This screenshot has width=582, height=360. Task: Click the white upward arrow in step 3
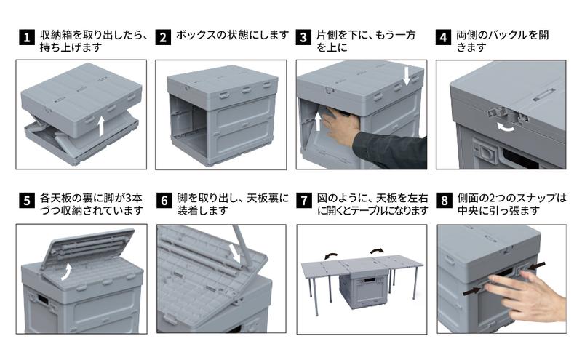(x=318, y=120)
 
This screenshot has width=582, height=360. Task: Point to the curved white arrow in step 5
(x=66, y=271)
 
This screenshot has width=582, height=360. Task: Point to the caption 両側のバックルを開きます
(x=502, y=41)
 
